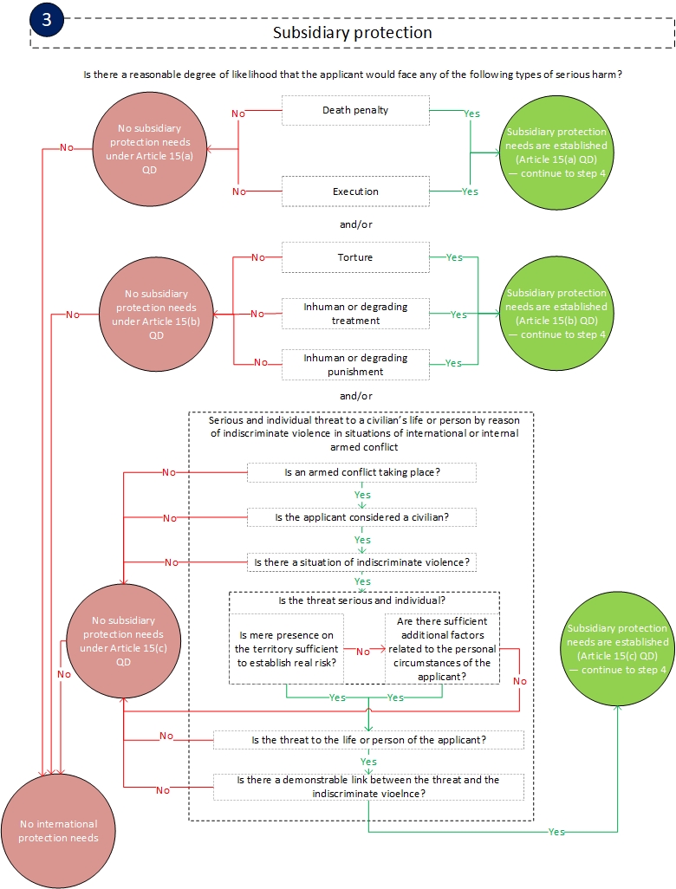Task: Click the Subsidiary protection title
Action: [x=352, y=33]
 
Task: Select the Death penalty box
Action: [x=355, y=110]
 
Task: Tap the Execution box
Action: [x=355, y=191]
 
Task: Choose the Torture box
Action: [x=355, y=257]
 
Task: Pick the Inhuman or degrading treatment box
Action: [x=355, y=314]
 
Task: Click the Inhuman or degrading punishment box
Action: [x=355, y=364]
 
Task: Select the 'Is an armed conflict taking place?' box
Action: [x=361, y=472]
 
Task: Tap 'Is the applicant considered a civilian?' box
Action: [x=361, y=517]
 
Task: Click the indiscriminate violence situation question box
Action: [x=361, y=562]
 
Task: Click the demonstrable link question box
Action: [x=368, y=786]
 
